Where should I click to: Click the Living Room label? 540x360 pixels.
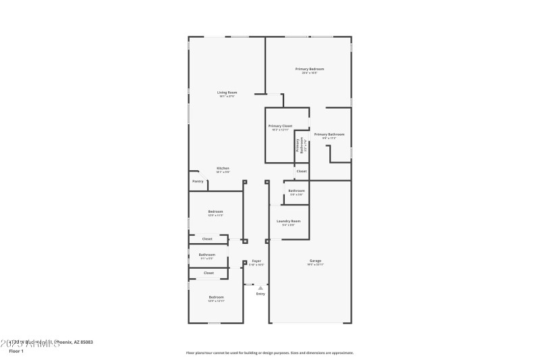pyautogui.click(x=227, y=93)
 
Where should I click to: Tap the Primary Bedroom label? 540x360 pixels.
pyautogui.click(x=310, y=69)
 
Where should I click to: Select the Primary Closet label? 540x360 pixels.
pyautogui.click(x=280, y=126)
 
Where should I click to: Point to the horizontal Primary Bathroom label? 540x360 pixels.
pyautogui.click(x=329, y=134)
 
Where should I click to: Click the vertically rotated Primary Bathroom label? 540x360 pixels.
pyautogui.click(x=299, y=146)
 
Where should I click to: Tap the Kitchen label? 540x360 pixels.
pyautogui.click(x=223, y=168)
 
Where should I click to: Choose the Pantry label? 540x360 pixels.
pyautogui.click(x=198, y=181)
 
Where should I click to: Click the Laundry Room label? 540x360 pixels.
pyautogui.click(x=288, y=221)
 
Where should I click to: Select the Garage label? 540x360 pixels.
pyautogui.click(x=315, y=261)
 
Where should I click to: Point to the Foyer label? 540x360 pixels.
pyautogui.click(x=256, y=261)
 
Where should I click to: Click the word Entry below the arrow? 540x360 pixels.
pyautogui.click(x=261, y=294)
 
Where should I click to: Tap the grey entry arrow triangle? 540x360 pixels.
pyautogui.click(x=261, y=288)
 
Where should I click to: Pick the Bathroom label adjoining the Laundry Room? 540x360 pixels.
pyautogui.click(x=296, y=190)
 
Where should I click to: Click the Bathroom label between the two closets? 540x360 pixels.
pyautogui.click(x=207, y=255)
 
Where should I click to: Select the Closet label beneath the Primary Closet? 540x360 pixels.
pyautogui.click(x=301, y=171)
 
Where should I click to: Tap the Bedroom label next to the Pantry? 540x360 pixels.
pyautogui.click(x=215, y=211)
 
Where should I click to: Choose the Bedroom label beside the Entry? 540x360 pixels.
pyautogui.click(x=216, y=297)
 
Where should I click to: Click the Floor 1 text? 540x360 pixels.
pyautogui.click(x=16, y=351)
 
